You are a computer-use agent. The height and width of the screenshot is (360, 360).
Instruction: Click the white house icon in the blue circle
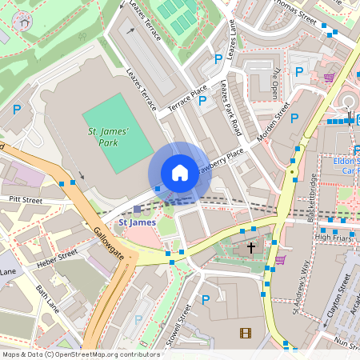click(180, 173)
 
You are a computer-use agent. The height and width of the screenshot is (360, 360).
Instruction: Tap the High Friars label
click(333, 237)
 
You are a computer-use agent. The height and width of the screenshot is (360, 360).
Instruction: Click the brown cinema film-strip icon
click(245, 332)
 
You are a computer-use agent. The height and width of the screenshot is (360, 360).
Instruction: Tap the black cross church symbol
click(251, 248)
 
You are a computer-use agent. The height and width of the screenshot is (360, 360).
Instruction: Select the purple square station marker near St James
click(137, 209)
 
